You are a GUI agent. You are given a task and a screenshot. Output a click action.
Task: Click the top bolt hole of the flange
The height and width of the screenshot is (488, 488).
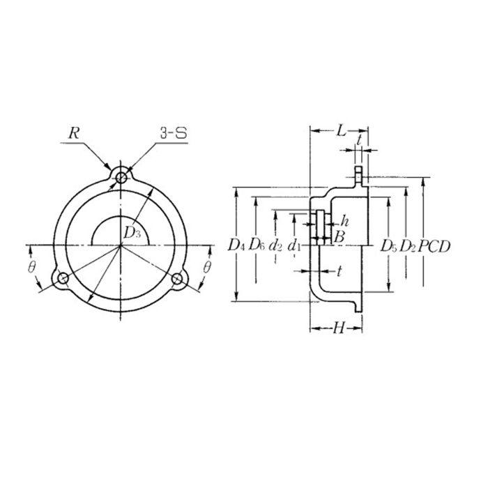[x=121, y=178]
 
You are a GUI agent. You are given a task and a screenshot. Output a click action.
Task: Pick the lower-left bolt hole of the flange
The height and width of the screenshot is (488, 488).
[x=63, y=278]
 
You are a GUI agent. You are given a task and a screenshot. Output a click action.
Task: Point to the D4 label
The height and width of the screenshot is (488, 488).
[x=236, y=245]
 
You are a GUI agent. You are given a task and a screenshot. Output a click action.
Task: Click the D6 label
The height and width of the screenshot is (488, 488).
[x=257, y=245]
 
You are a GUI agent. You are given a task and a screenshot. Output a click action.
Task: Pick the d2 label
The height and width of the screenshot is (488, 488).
[x=276, y=245]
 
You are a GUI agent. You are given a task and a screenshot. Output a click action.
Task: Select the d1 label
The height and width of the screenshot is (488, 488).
[x=295, y=245]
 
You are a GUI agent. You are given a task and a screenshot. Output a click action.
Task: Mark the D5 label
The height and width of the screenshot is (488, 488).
[x=388, y=245]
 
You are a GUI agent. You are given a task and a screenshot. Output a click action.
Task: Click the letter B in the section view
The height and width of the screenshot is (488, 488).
[x=339, y=237]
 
